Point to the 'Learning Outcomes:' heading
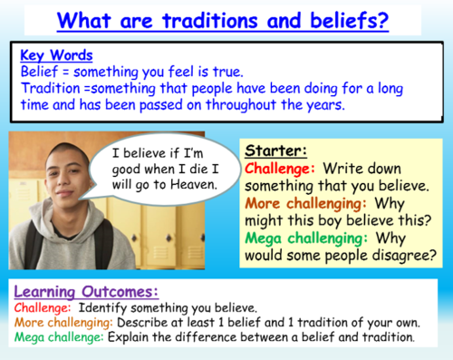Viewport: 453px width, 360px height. tap(85, 291)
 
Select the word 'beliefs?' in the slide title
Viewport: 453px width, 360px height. tap(343, 19)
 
